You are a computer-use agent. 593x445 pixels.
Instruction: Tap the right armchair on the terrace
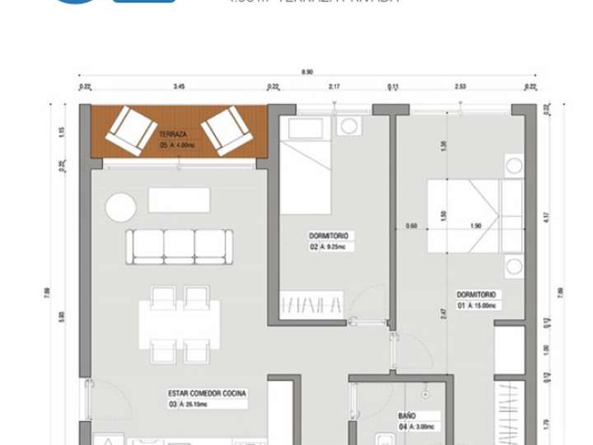pyautogui.click(x=226, y=130)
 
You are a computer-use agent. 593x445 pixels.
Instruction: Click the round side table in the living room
pyautogui.click(x=120, y=207)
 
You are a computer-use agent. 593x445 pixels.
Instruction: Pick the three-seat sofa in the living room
pyautogui.click(x=179, y=246)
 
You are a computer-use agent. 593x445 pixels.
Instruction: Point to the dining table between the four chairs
pyautogui.click(x=180, y=323)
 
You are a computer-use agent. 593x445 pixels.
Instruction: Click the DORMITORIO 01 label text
pyautogui.click(x=479, y=294)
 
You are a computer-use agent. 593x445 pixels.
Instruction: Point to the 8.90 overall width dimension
pyautogui.click(x=307, y=73)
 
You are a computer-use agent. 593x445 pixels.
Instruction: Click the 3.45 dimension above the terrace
pyautogui.click(x=178, y=86)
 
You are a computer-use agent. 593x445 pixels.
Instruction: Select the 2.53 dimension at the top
pyautogui.click(x=460, y=86)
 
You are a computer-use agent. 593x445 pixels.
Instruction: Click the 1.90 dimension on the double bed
pyautogui.click(x=475, y=226)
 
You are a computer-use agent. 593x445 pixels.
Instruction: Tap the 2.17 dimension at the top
pyautogui.click(x=334, y=86)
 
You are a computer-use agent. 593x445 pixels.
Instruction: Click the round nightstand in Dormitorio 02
pyautogui.click(x=349, y=126)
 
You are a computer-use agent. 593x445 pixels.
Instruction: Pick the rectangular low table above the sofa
pyautogui.click(x=179, y=199)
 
